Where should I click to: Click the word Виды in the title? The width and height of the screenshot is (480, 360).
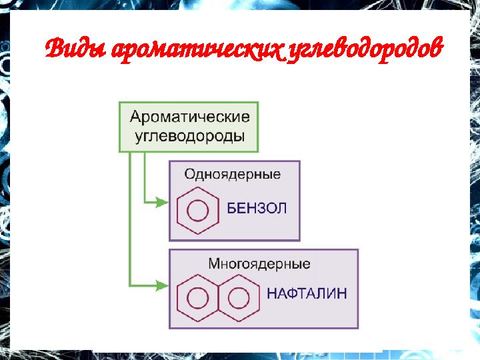(76, 49)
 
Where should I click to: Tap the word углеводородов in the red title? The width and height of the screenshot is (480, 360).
(365, 49)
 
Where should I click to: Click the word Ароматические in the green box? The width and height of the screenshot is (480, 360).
(190, 117)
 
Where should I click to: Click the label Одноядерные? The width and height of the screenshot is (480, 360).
(232, 175)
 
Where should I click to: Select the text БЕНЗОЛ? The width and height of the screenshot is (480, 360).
(257, 209)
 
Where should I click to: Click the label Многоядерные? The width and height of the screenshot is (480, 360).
(259, 263)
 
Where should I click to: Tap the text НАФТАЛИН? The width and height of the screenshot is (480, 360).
(307, 293)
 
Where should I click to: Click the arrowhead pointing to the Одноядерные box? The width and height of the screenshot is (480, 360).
(162, 202)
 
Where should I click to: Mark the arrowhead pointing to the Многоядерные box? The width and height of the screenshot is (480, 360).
(162, 285)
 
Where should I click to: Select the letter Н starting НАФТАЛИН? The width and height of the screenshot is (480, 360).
(272, 293)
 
